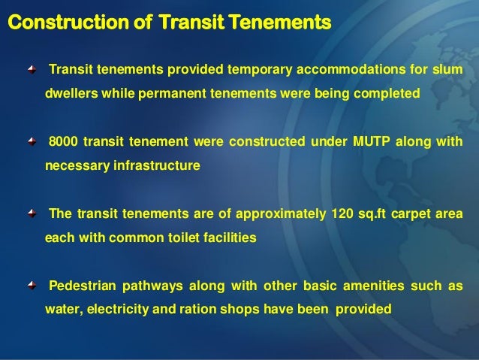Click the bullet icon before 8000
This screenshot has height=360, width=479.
click(30, 142)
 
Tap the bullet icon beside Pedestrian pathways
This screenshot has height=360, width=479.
click(30, 285)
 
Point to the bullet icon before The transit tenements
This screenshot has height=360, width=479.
click(30, 213)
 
